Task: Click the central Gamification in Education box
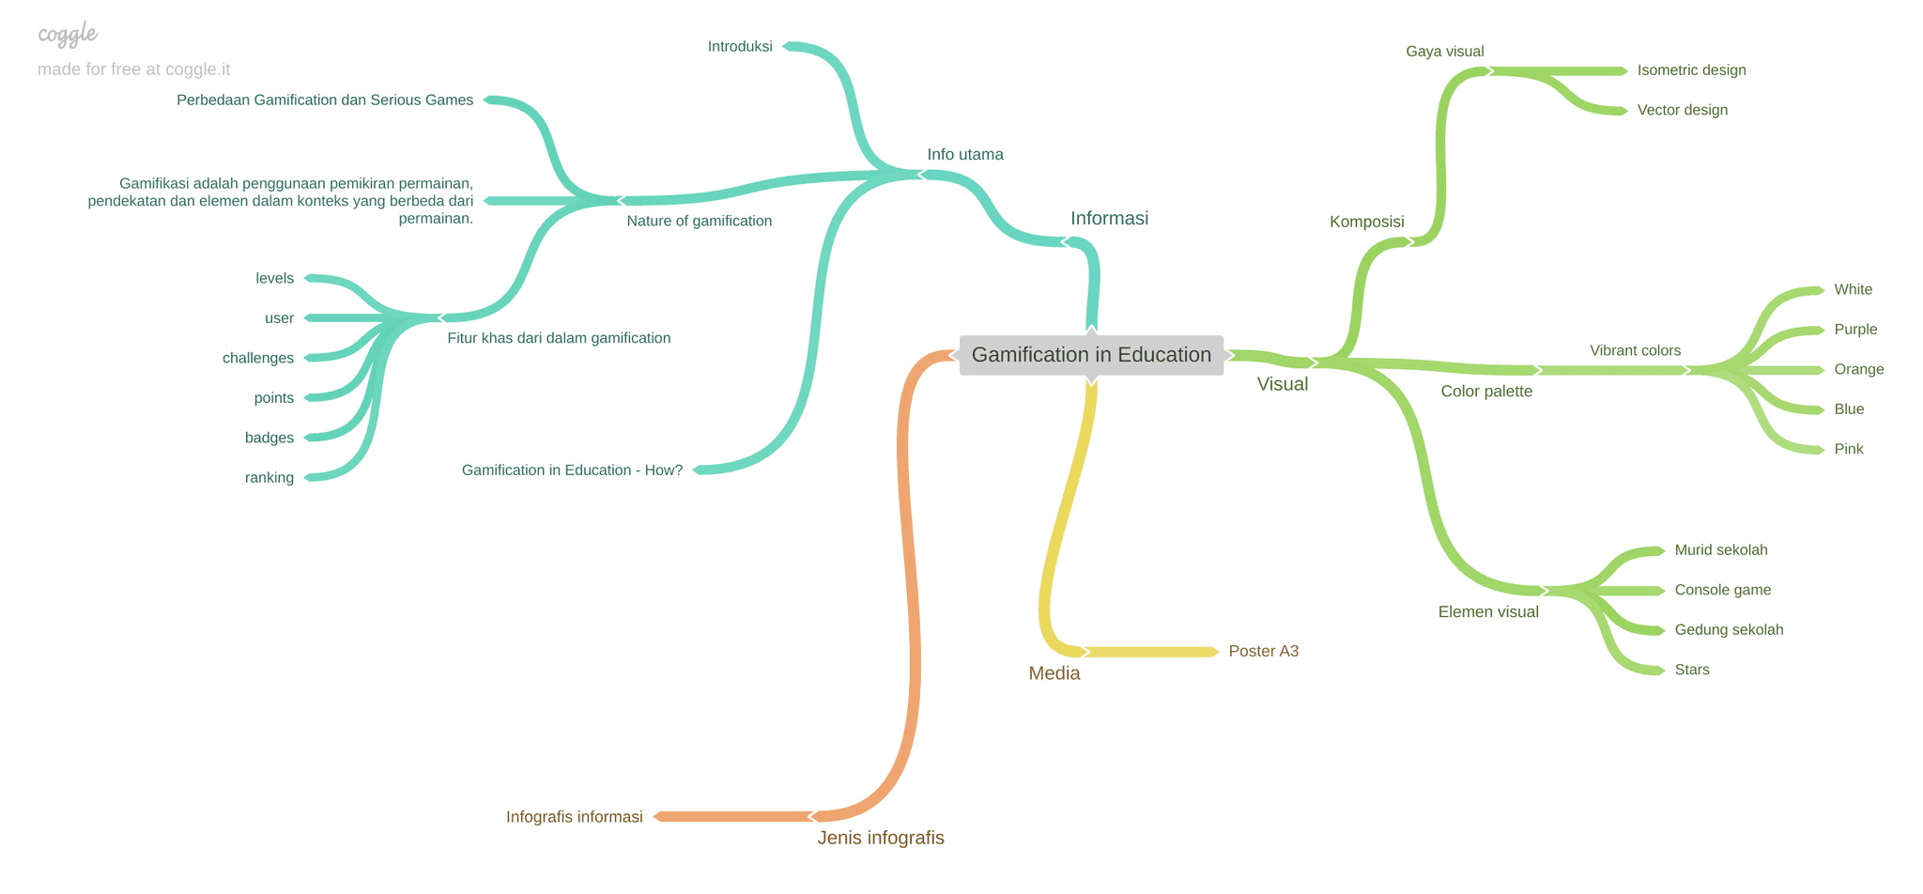(x=1091, y=355)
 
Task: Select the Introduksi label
(x=740, y=47)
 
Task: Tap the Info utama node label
(x=965, y=155)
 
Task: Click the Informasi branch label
(x=1109, y=219)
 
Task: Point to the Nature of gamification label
(x=699, y=222)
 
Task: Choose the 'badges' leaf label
(x=269, y=439)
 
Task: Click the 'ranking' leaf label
(x=269, y=478)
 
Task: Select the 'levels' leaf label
(x=274, y=279)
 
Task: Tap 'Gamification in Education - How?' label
(x=572, y=470)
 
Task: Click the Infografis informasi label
(x=574, y=817)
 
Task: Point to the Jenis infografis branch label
(x=880, y=839)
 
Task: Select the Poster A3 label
(x=1263, y=652)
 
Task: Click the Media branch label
(x=1054, y=673)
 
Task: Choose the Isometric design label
(x=1691, y=70)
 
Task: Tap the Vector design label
(x=1682, y=111)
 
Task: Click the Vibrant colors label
(x=1635, y=351)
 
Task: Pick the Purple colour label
(x=1855, y=330)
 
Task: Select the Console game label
(x=1722, y=591)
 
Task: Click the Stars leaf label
(x=1691, y=670)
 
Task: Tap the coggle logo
(x=68, y=35)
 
